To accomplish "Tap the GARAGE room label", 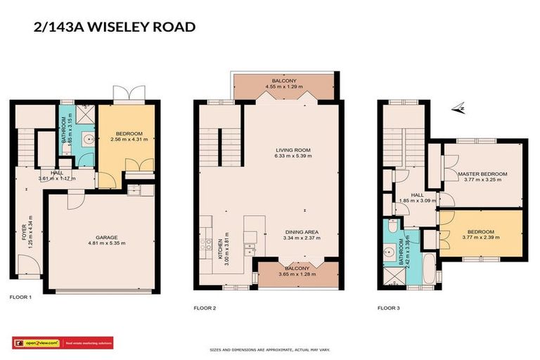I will (106, 238).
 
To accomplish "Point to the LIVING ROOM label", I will (292, 149).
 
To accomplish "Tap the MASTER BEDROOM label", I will (482, 173).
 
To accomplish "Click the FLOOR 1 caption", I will (20, 297).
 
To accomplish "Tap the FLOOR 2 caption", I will (205, 307).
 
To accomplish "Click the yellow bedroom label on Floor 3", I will (482, 231).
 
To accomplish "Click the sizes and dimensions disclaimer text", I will (270, 349).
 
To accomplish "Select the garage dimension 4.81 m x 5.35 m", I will (106, 244).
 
